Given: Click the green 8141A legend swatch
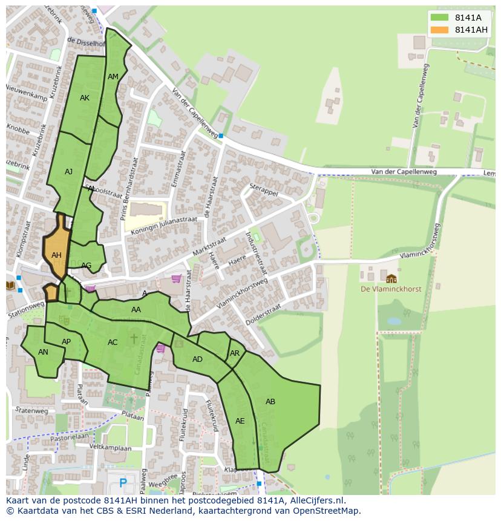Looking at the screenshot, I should [440, 18].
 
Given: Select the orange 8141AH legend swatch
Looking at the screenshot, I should [440, 30].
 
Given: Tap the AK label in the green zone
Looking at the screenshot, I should [85, 98].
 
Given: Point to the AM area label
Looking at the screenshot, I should [113, 77].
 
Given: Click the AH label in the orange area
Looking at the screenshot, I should [56, 255].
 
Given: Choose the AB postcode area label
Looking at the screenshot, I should [270, 401].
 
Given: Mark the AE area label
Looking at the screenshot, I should [240, 421].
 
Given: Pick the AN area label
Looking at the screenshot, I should [43, 352].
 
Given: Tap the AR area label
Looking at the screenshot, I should [235, 353].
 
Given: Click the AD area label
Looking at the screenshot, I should [197, 359].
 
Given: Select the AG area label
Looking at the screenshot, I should [87, 266].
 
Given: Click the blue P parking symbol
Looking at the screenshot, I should [123, 482].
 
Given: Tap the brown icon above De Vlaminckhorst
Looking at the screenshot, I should [391, 278].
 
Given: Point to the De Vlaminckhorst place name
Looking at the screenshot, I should [391, 289].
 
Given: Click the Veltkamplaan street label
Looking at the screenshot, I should [110, 448].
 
